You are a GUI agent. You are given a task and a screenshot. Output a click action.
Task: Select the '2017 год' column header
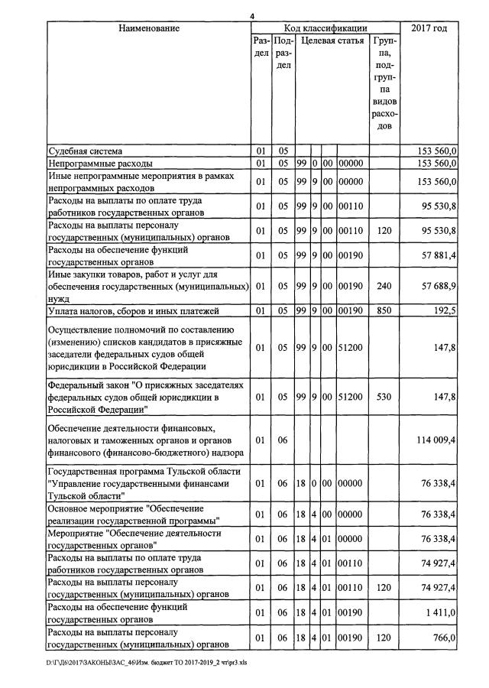[x=429, y=28]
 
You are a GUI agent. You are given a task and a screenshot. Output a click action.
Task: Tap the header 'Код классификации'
[x=325, y=28]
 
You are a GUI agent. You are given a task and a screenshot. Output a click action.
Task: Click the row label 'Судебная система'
[x=85, y=151]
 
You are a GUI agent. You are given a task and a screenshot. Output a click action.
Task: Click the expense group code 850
[x=384, y=310]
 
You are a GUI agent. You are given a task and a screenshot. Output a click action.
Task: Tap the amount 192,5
[x=444, y=310]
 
